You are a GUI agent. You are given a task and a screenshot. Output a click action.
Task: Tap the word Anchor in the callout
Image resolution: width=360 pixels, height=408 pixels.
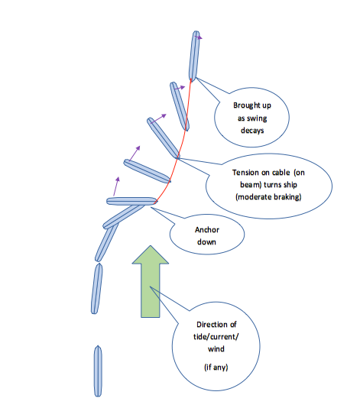coord(207,230)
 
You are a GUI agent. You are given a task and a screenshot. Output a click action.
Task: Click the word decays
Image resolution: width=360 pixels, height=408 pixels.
coord(252,131)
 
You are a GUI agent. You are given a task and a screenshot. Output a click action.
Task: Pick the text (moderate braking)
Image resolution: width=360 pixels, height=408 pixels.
coord(268,197)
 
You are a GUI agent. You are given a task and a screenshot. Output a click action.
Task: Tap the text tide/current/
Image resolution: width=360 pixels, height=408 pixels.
coord(216,337)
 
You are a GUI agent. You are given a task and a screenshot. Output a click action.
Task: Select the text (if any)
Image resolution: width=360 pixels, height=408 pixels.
coord(216,368)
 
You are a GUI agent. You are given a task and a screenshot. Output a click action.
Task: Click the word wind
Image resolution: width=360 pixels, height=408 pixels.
coord(216,349)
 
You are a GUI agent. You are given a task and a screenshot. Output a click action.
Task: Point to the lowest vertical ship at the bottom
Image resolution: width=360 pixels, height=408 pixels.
coord(98,371)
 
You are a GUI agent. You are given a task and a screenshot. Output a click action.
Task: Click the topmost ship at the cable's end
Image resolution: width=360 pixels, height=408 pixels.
coord(194,56)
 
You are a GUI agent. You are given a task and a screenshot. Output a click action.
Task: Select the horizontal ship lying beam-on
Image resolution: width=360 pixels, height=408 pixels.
coord(132,202)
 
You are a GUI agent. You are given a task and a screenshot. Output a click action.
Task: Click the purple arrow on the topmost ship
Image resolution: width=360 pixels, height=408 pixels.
coord(199,37)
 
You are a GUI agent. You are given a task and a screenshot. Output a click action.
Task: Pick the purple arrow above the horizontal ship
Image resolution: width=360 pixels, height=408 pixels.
coord(116,186)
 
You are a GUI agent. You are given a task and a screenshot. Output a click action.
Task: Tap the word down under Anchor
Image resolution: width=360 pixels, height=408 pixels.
coord(206,242)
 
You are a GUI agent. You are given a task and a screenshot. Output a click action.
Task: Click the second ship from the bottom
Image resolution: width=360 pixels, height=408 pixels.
coord(96,289)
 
